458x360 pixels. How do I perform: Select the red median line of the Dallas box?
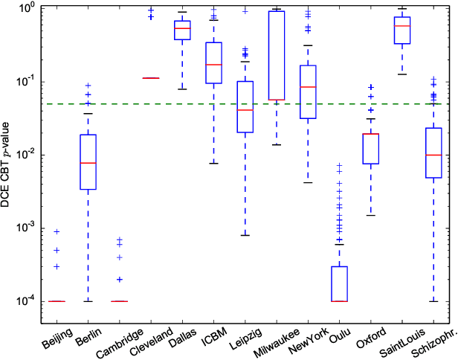[x=182, y=28]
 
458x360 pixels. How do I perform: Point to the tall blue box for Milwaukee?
[x=277, y=56]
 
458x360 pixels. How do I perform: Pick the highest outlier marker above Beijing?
[x=57, y=231]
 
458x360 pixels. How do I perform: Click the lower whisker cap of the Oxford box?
[x=371, y=216]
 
